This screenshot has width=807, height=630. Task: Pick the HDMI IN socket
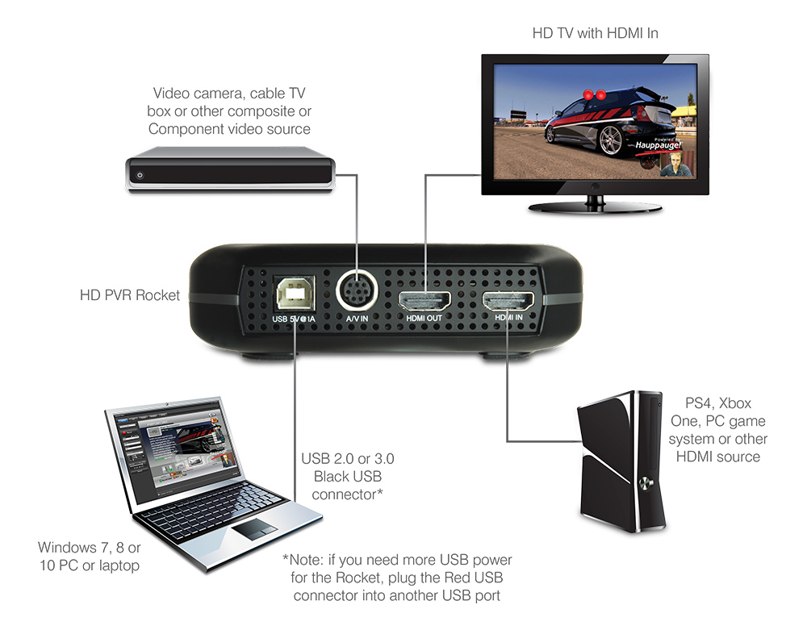pos(508,301)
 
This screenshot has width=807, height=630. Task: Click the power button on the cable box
pos(140,175)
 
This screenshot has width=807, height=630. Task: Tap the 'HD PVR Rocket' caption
pos(130,295)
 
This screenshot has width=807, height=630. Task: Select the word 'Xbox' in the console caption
pos(735,402)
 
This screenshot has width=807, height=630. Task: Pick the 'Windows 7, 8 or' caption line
pos(89,548)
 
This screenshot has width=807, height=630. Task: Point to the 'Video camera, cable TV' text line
pos(229,94)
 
